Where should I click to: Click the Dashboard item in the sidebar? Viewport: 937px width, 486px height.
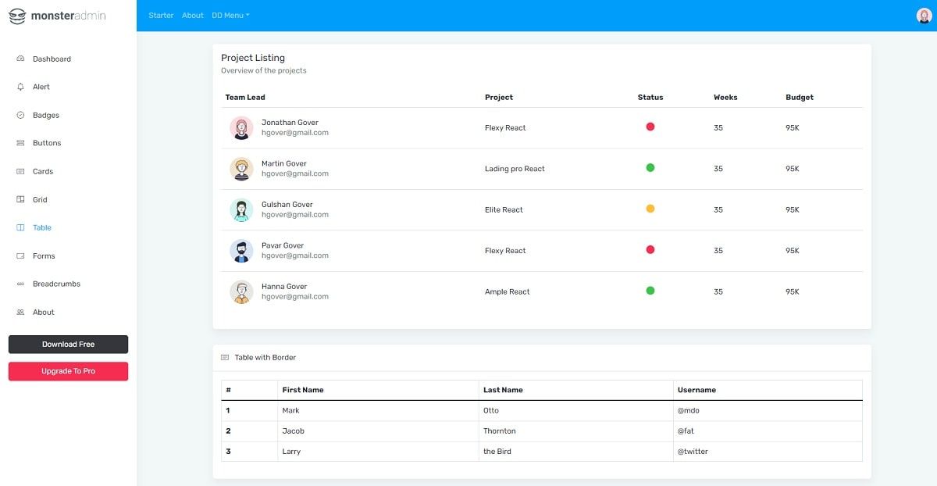52,59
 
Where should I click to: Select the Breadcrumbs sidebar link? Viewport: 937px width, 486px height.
56,284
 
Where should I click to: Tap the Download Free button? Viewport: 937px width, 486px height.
68,345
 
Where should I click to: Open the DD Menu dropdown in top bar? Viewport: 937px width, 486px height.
230,16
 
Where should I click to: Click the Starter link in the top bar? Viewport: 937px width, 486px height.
161,16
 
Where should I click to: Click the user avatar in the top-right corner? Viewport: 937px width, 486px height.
924,16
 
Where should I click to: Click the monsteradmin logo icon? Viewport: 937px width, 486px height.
17,16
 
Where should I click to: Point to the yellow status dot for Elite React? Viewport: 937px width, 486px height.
650,209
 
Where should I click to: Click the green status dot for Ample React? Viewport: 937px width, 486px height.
650,291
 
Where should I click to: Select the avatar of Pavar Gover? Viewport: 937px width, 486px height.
241,251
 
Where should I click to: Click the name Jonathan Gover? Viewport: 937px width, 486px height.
290,123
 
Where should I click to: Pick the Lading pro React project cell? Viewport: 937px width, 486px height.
515,169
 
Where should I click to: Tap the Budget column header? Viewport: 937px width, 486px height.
799,98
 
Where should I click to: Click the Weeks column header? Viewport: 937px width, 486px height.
725,98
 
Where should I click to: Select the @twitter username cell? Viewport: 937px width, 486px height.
693,452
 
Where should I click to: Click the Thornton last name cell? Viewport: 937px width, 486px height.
500,431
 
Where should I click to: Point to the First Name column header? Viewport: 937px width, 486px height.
303,390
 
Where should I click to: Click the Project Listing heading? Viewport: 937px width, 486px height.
253,58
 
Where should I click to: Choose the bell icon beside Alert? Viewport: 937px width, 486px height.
20,87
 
